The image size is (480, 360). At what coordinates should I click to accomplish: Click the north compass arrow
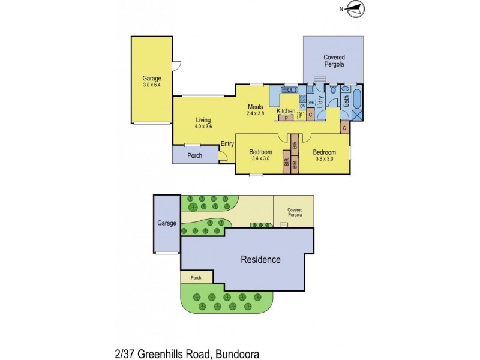355,8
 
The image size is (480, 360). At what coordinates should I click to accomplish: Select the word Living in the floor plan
203,120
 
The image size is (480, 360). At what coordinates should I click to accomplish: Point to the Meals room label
256,107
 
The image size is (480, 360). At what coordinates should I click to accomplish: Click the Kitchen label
286,112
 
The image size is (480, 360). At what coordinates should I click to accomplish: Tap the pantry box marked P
287,118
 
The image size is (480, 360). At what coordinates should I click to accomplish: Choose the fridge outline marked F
301,115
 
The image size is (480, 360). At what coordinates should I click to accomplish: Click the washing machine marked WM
311,103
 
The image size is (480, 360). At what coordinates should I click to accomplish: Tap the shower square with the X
357,115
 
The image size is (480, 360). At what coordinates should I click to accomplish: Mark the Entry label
227,143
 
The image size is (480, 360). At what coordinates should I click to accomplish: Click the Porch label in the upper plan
194,155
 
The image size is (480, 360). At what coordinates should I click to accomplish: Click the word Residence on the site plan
260,260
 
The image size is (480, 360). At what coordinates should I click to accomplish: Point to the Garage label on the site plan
167,223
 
